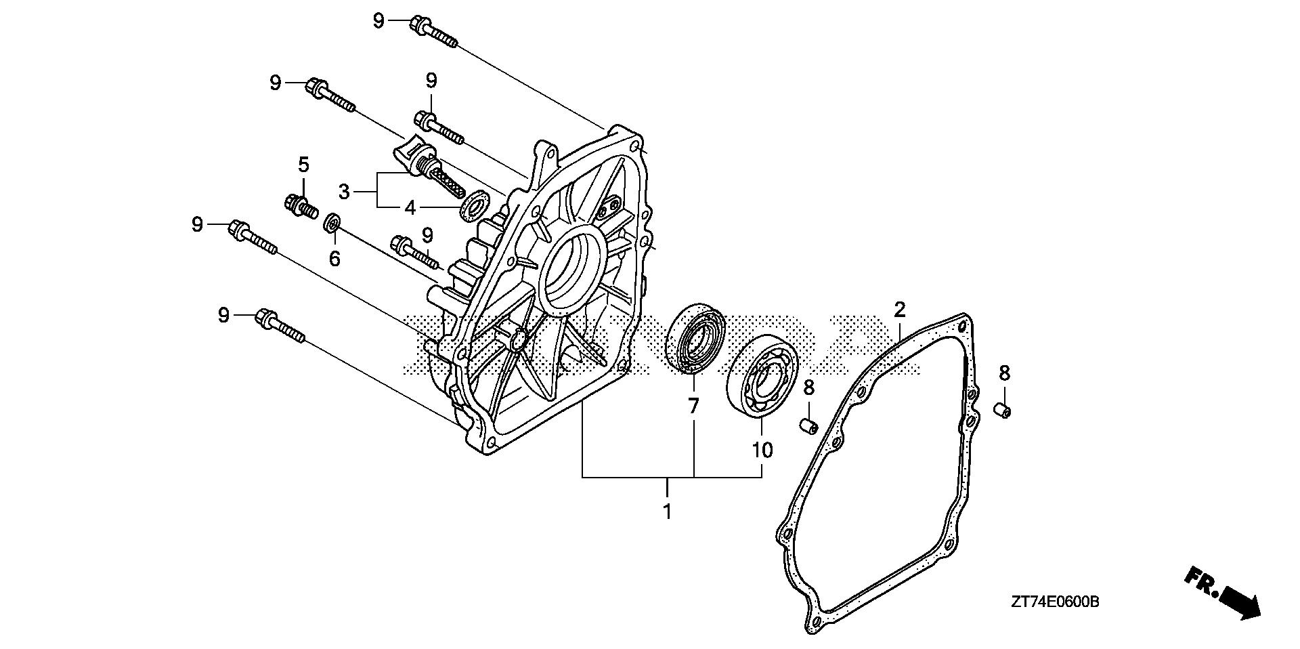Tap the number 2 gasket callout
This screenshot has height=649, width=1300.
point(899,310)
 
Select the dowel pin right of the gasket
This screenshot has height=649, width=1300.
point(1003,409)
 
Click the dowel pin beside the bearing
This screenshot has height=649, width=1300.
point(808,425)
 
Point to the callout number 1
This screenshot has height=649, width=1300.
point(668,511)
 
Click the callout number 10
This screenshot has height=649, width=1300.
point(762,451)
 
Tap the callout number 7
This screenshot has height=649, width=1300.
point(693,406)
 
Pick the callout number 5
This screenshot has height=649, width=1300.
point(303,164)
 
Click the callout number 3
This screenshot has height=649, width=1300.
point(345,192)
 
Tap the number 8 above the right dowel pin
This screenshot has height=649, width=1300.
point(1004,373)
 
